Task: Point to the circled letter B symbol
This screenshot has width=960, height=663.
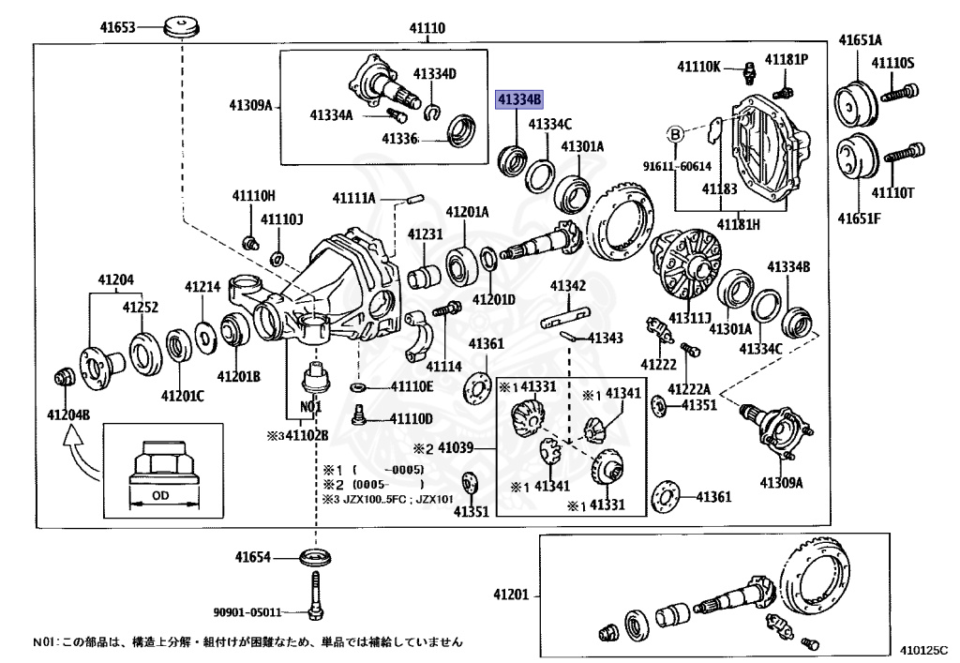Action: [x=674, y=135]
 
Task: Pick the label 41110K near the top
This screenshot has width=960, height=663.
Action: [x=699, y=66]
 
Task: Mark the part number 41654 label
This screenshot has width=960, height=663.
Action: [x=253, y=557]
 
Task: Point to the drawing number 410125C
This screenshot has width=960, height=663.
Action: [x=922, y=649]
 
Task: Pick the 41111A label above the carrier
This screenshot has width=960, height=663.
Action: [x=352, y=198]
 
